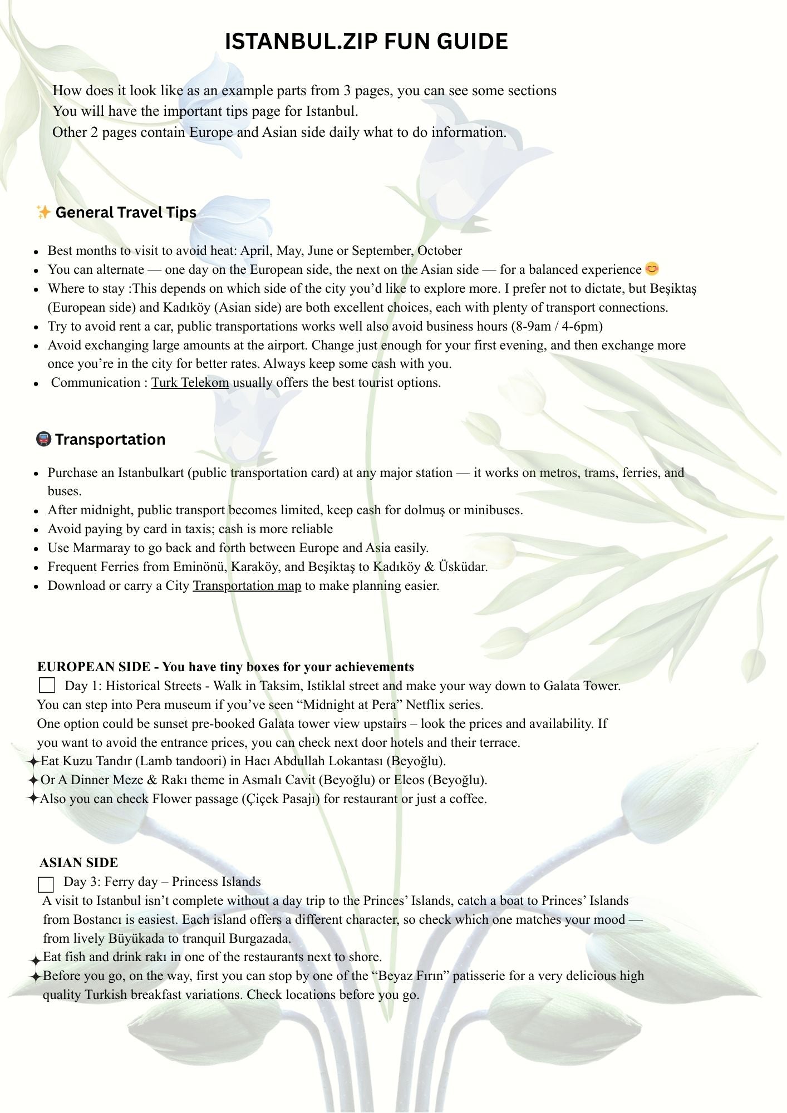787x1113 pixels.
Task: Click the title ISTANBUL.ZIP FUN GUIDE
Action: tap(366, 42)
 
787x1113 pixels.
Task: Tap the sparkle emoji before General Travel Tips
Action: tap(43, 212)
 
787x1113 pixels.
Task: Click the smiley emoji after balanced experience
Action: tap(652, 269)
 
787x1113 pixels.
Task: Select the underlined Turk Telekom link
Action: tap(190, 383)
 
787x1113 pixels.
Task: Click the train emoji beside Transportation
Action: tap(43, 439)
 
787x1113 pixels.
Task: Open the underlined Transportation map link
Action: tap(247, 586)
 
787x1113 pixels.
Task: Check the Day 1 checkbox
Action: tap(47, 685)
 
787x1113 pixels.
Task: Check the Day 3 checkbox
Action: tap(46, 884)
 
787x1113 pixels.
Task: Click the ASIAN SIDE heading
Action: tap(79, 863)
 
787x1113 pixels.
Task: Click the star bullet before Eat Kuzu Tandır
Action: tap(33, 761)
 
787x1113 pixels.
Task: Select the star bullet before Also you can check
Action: tap(33, 799)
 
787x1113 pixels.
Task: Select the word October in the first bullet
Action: tap(440, 251)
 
